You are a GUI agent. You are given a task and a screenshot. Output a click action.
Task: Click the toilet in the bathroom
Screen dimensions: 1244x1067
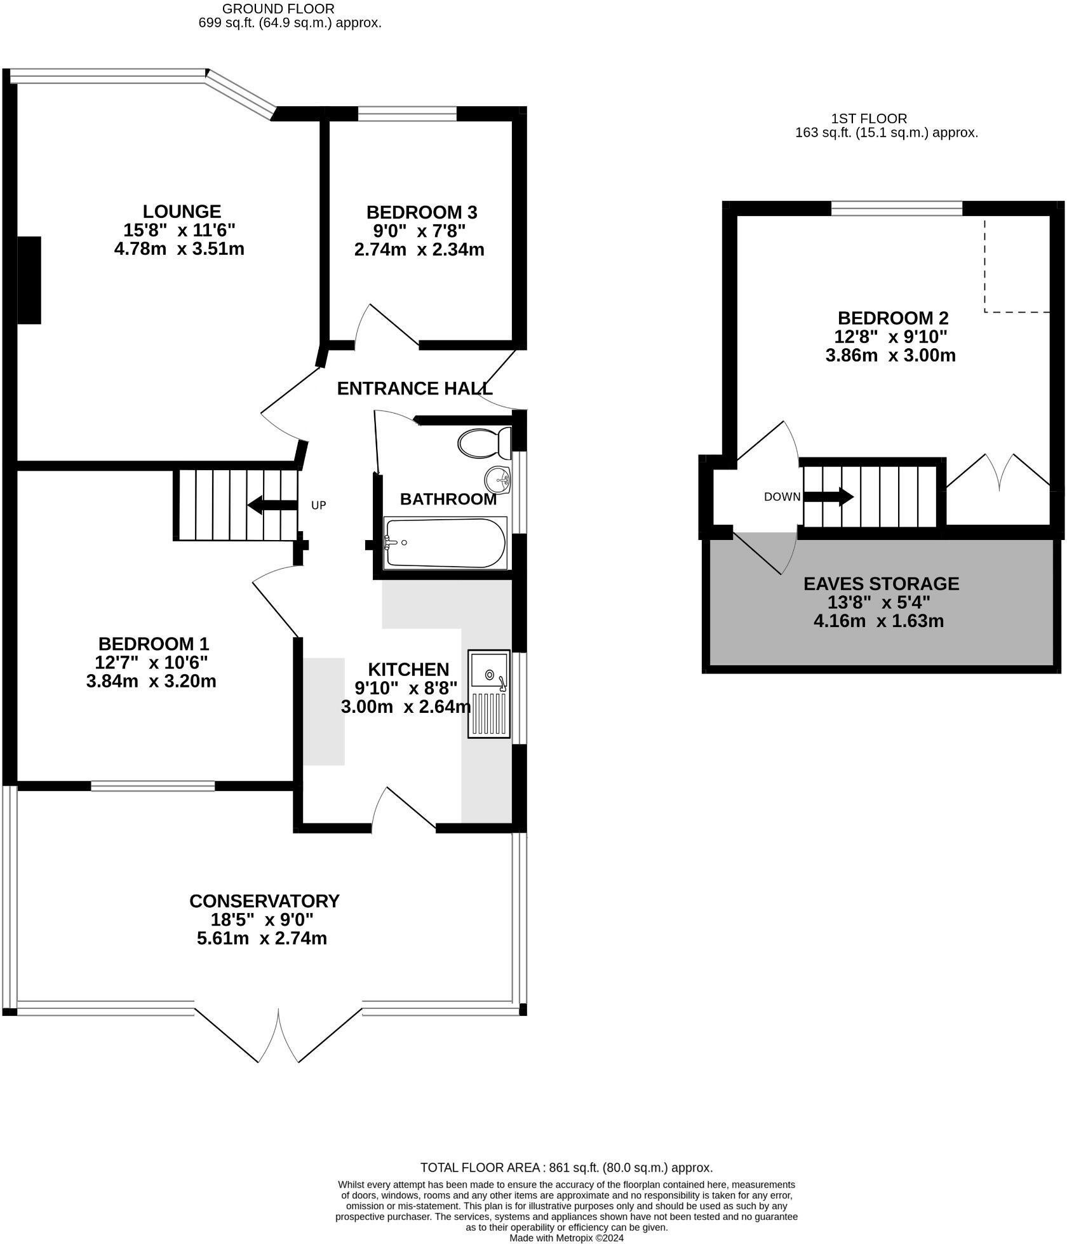point(484,443)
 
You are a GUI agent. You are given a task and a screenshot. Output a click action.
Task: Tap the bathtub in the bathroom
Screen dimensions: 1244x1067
point(445,543)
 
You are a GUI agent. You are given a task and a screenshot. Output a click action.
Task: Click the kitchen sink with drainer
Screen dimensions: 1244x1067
point(488,693)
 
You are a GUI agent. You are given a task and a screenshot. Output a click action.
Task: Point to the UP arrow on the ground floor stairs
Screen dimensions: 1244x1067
point(272,506)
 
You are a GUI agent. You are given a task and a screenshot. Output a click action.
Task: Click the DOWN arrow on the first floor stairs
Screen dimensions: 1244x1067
point(829,497)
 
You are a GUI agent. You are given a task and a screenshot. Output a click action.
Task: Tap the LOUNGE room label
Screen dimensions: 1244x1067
point(182,212)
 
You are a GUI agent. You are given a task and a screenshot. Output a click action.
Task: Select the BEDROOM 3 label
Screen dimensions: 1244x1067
point(421,212)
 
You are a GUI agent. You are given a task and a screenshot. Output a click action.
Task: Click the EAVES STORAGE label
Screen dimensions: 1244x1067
point(881,583)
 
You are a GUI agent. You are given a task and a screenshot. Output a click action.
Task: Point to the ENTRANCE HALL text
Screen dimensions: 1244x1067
point(414,388)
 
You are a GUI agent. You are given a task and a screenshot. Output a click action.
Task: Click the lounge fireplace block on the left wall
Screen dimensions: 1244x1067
point(29,280)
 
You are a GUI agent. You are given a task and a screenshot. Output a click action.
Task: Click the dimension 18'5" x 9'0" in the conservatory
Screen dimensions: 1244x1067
point(262,919)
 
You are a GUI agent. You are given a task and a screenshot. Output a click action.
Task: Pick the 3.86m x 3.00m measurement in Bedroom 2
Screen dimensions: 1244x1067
point(890,355)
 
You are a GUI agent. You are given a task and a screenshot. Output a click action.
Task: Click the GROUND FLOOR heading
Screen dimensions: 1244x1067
point(278,9)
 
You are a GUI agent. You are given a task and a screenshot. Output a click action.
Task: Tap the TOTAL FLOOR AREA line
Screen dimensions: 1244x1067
point(566,1167)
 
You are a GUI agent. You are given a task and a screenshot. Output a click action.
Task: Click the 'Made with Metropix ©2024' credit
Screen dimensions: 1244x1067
point(566,1238)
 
